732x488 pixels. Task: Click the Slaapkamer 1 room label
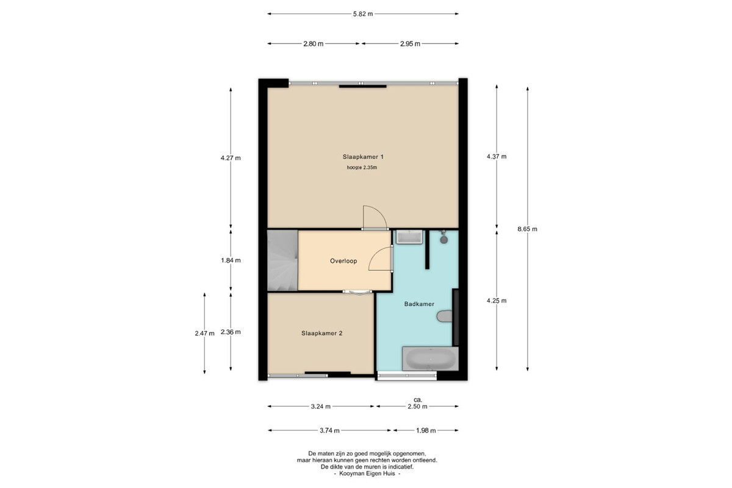363,157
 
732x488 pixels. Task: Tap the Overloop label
343,261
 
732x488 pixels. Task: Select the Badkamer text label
419,304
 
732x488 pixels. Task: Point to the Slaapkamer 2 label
322,334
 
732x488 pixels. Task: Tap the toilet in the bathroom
445,316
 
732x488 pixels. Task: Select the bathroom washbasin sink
409,237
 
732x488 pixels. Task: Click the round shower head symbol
443,240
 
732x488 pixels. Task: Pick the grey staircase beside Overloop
282,260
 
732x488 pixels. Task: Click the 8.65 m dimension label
527,229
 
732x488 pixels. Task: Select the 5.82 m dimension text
363,14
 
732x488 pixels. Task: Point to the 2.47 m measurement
204,334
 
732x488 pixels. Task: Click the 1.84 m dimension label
231,260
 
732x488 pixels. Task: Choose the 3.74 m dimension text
329,431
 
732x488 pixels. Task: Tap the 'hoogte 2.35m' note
362,168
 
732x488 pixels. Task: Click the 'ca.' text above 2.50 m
418,400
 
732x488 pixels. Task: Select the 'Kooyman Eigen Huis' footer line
367,473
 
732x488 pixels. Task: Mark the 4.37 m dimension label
497,157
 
